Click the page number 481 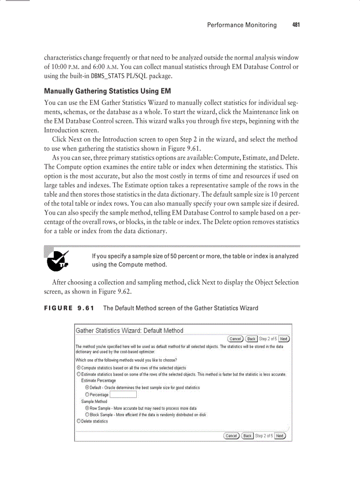pyautogui.click(x=296, y=25)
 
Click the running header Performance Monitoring pyautogui.click(x=242, y=25)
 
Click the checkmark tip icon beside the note pyautogui.click(x=58, y=260)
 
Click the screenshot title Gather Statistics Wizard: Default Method pyautogui.click(x=130, y=331)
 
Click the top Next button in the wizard pyautogui.click(x=284, y=339)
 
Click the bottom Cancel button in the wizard pyautogui.click(x=232, y=435)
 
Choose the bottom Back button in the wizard pyautogui.click(x=247, y=435)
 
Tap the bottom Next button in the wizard pyautogui.click(x=280, y=435)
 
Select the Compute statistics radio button pyautogui.click(x=79, y=368)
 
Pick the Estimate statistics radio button pyautogui.click(x=79, y=374)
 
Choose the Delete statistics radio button pyautogui.click(x=79, y=421)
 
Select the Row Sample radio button pyautogui.click(x=87, y=408)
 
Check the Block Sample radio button pyautogui.click(x=87, y=415)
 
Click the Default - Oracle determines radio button pyautogui.click(x=87, y=387)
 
